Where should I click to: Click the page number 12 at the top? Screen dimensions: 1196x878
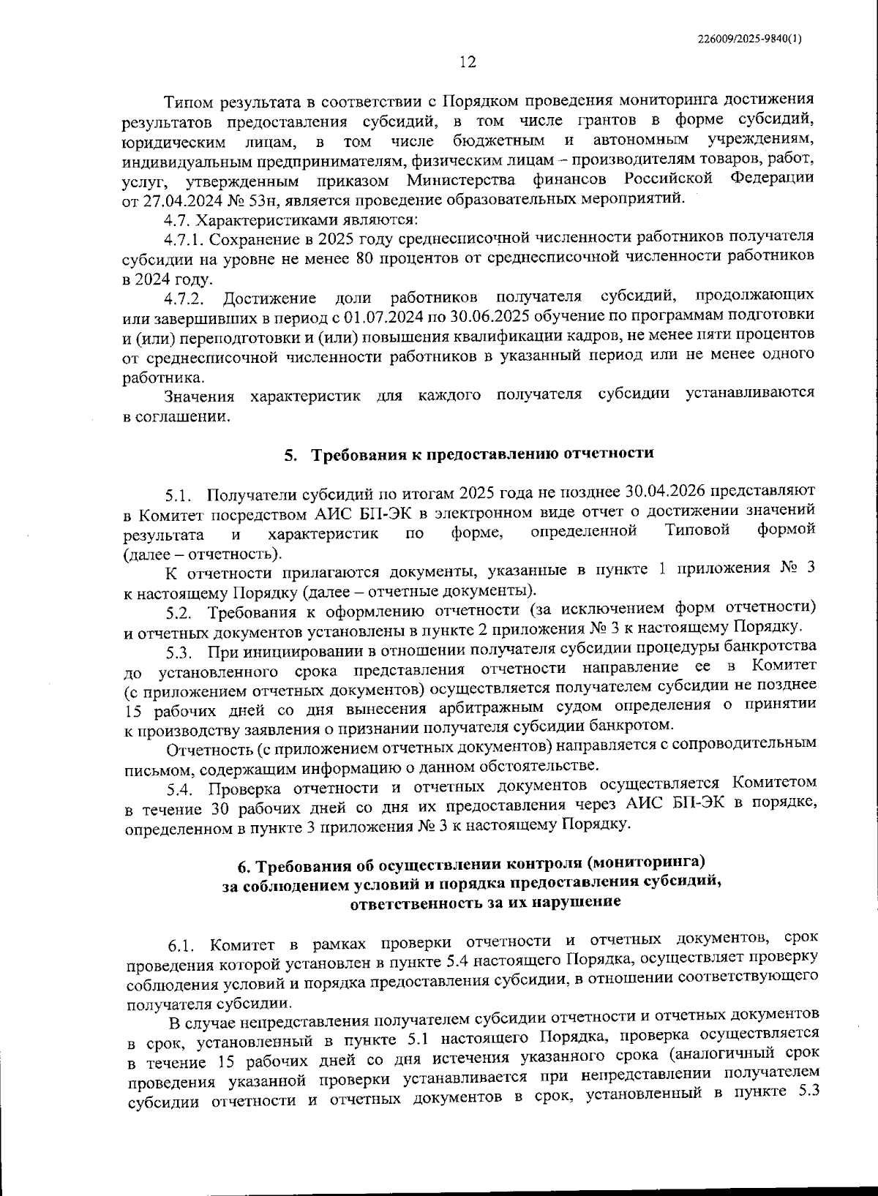468,63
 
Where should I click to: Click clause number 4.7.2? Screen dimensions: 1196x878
184,298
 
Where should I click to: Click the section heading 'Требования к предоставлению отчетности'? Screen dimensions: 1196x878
483,454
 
